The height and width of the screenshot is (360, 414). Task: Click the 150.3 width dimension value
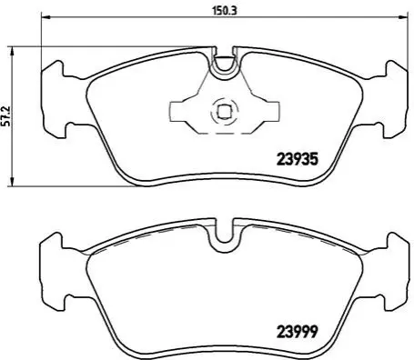(224, 11)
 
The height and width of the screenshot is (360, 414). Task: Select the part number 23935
(298, 159)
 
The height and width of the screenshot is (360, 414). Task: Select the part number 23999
(298, 332)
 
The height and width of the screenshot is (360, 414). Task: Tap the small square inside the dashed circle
(224, 111)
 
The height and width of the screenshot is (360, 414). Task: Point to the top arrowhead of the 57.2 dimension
(12, 52)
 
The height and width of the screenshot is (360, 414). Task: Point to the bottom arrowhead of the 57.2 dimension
(12, 181)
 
